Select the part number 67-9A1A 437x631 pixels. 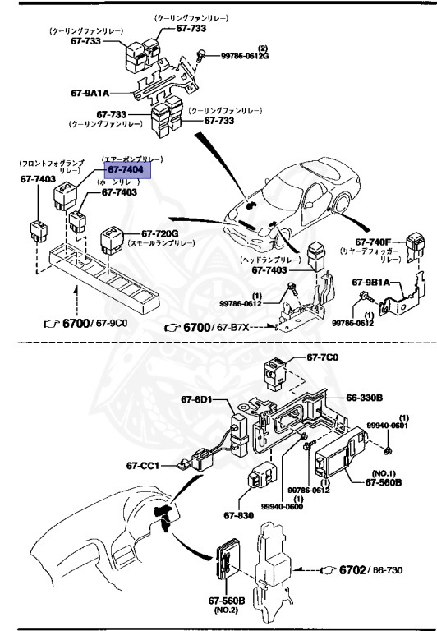pos(90,93)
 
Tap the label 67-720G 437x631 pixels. pos(162,233)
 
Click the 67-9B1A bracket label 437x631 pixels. pos(371,283)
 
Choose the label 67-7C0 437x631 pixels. pos(323,358)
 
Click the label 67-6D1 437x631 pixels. pos(197,400)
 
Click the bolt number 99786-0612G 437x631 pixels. pos(244,56)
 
